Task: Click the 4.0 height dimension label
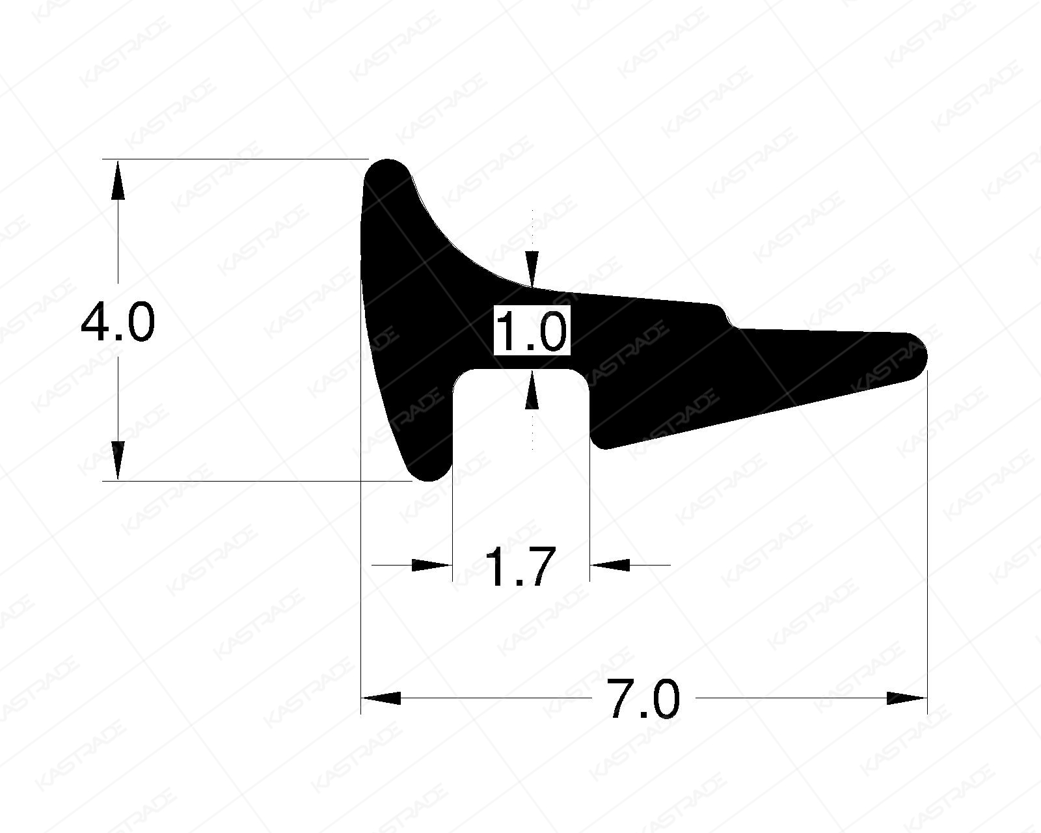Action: (117, 323)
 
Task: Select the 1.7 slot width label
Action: (520, 567)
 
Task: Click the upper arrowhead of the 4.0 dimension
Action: (117, 179)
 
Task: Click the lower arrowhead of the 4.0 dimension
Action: (117, 461)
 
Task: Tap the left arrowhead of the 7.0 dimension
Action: (381, 698)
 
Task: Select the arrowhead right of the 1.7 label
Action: (610, 565)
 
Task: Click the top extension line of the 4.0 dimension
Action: (234, 159)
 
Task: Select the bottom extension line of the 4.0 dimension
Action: (260, 481)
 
